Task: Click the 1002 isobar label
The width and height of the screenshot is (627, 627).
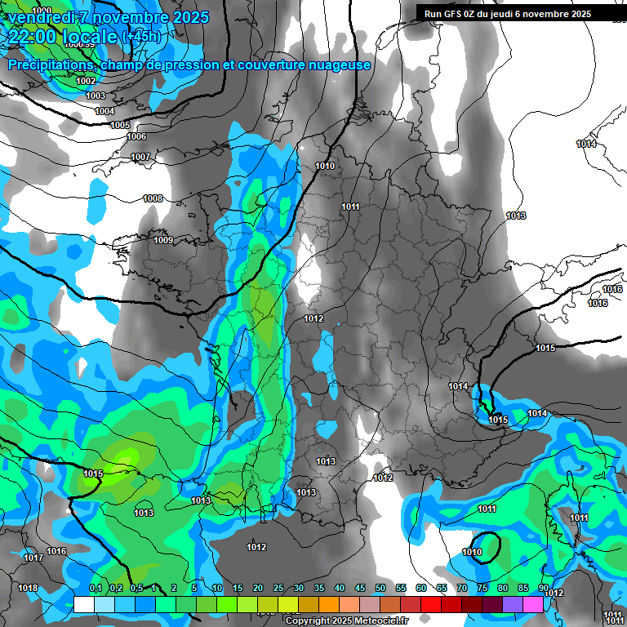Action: click(x=86, y=81)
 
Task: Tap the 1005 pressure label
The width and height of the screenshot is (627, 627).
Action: click(x=120, y=125)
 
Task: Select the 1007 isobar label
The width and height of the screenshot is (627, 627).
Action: click(x=140, y=157)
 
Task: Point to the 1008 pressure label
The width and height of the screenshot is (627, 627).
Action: click(x=153, y=198)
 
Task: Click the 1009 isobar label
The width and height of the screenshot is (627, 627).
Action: click(x=163, y=240)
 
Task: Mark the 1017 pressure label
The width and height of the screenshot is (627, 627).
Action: click(x=33, y=558)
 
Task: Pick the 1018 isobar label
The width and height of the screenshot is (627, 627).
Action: click(x=28, y=588)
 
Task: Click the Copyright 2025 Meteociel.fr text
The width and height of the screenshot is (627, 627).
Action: click(x=337, y=621)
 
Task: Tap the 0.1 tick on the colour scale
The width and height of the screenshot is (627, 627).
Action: click(x=96, y=588)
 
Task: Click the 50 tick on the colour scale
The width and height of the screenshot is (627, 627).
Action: click(x=380, y=588)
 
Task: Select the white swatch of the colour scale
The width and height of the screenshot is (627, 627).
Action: click(x=84, y=604)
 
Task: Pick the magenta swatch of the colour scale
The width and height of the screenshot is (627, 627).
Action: click(x=533, y=604)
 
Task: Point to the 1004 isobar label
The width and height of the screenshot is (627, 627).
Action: click(x=104, y=111)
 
